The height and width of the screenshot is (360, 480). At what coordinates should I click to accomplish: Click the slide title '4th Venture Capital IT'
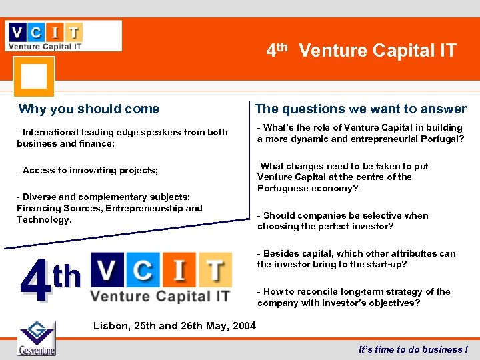point(361,50)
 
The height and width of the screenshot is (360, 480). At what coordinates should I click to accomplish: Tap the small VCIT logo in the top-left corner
point(64,35)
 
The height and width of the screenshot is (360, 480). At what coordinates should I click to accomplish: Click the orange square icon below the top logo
point(33,76)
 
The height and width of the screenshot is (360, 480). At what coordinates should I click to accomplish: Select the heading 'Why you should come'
point(89,109)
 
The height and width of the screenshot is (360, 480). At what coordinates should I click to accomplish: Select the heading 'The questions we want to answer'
point(361,109)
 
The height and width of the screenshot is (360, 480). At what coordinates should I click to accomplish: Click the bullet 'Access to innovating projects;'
point(88,170)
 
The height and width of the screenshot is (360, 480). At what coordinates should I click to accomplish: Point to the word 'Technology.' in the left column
point(44,219)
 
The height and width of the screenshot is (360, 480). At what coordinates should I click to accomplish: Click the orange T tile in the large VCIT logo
point(213,271)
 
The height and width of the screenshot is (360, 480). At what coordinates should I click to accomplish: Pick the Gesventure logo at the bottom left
point(37,339)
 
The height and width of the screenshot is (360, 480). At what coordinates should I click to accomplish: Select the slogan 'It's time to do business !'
point(413,349)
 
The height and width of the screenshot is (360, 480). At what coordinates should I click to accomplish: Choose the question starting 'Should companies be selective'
point(343,221)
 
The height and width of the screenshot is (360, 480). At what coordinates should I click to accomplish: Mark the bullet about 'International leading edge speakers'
point(122,137)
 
